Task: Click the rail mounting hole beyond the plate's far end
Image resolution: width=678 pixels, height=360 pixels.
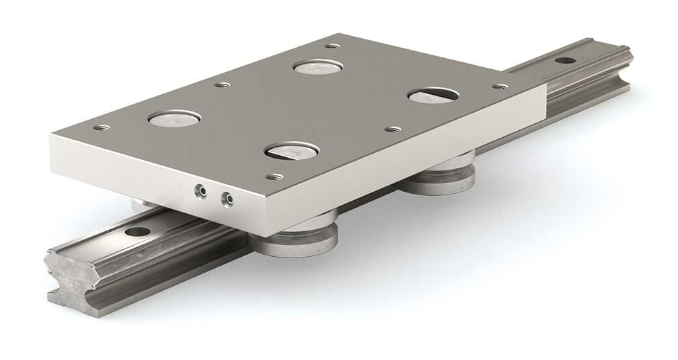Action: [x=566, y=61]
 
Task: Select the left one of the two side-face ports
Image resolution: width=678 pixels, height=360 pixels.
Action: [x=199, y=190]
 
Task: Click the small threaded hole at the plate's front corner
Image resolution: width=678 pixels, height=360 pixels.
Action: [x=277, y=177]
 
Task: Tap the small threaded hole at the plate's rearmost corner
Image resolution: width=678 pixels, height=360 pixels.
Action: [x=334, y=46]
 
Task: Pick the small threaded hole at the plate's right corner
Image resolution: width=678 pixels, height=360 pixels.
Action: [x=502, y=87]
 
